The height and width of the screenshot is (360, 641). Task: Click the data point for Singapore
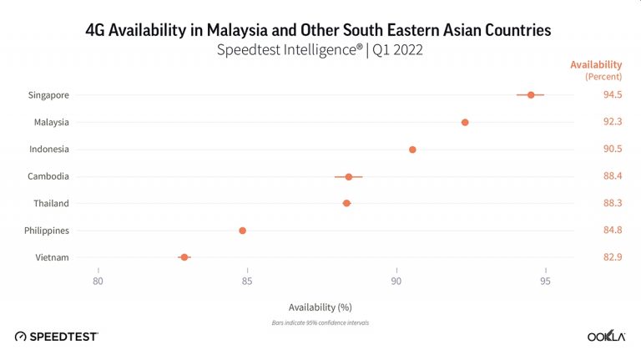click(x=531, y=95)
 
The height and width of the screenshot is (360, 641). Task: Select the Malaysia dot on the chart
click(x=465, y=122)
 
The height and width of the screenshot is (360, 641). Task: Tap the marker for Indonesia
click(x=412, y=150)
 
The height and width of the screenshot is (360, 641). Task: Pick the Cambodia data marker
click(x=349, y=176)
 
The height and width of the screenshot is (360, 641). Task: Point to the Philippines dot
click(x=243, y=231)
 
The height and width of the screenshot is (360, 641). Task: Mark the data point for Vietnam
click(x=184, y=257)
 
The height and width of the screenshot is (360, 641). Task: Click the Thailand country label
click(x=52, y=203)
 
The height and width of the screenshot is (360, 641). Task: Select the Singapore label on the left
click(x=48, y=95)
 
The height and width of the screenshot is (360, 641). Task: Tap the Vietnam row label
click(x=52, y=257)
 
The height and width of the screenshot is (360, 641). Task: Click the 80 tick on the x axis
click(x=98, y=281)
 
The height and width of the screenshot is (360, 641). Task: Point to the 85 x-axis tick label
click(x=247, y=281)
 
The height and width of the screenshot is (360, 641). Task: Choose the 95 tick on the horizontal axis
click(x=545, y=281)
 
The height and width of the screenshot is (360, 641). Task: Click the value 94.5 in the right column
click(x=613, y=95)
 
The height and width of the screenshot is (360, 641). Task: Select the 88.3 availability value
click(x=613, y=203)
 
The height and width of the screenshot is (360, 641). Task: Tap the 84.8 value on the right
click(x=613, y=231)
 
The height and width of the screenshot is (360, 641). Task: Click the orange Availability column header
click(x=596, y=65)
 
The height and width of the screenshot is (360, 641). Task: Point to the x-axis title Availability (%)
click(x=320, y=307)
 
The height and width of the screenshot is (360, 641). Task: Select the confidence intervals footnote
click(x=320, y=322)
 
